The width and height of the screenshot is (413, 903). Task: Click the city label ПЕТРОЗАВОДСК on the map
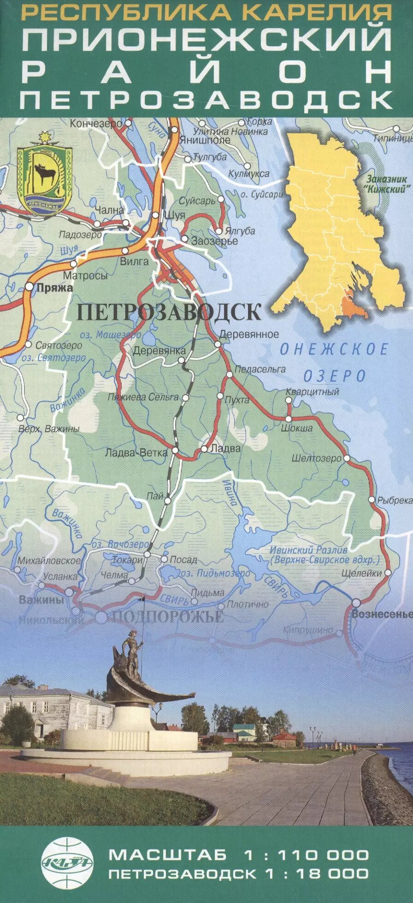click(x=169, y=312)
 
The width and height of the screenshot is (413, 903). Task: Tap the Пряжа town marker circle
click(x=29, y=287)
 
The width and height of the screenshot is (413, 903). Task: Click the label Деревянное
click(x=249, y=334)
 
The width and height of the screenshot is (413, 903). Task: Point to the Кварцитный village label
click(x=312, y=392)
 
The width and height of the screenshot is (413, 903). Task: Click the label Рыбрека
click(x=395, y=500)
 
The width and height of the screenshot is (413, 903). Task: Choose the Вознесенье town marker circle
click(x=356, y=603)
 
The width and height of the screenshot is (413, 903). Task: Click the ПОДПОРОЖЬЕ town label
click(x=168, y=617)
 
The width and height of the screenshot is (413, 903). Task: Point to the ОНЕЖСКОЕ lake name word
click(x=334, y=349)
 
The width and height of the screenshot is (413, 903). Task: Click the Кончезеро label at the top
click(x=96, y=124)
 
